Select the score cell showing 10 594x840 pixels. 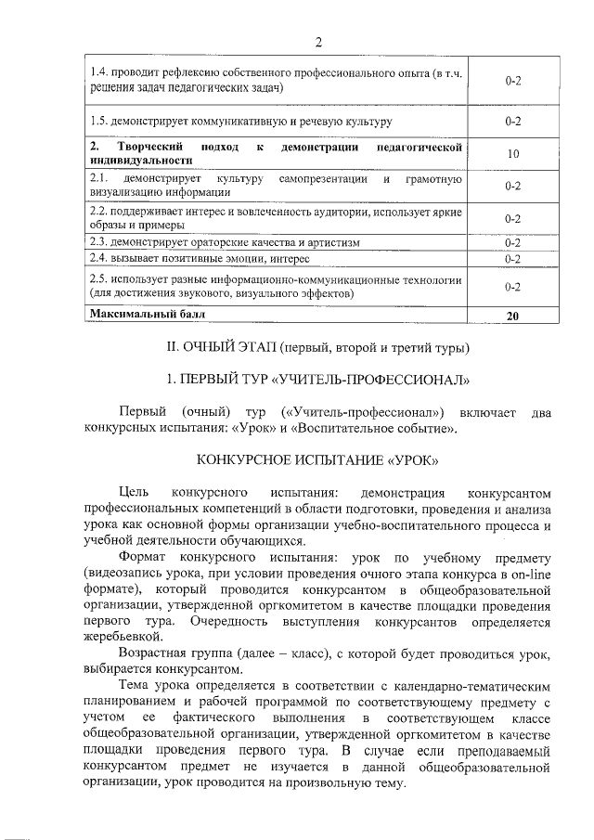tap(511, 154)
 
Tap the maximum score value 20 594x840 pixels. tap(511, 316)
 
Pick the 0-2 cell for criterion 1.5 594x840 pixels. tap(511, 122)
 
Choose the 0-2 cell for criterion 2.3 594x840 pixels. tap(511, 243)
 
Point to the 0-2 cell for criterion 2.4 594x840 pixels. tap(511, 258)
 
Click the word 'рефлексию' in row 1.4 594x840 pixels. tap(180, 73)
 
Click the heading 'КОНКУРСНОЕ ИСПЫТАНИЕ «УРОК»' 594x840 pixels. tap(317, 460)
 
